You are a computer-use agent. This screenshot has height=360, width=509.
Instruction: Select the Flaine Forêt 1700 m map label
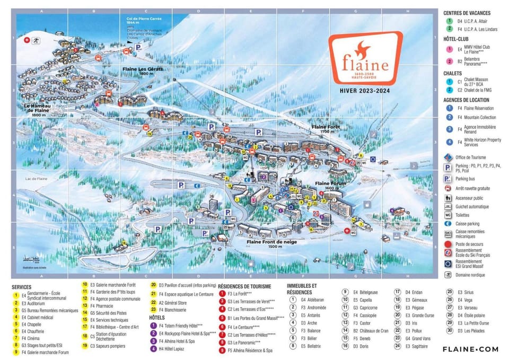[326, 130]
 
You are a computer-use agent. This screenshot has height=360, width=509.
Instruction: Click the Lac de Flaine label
[37, 179]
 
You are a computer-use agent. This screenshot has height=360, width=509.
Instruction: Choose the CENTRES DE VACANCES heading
[467, 13]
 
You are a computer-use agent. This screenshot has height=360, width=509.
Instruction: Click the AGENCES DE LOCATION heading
[467, 100]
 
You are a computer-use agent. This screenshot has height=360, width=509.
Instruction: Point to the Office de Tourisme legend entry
[470, 157]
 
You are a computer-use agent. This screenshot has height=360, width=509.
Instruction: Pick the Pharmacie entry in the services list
[102, 306]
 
